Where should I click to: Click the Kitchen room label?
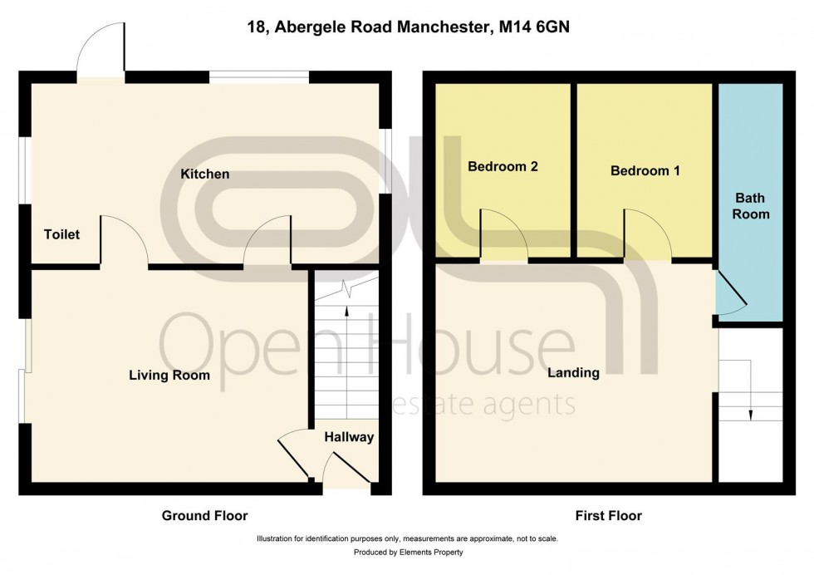click(204, 174)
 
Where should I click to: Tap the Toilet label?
click(61, 235)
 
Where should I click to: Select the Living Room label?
click(169, 376)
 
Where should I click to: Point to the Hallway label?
click(349, 437)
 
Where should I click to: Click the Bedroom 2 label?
click(503, 166)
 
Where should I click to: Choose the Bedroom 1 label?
click(645, 171)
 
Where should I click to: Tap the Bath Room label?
click(751, 206)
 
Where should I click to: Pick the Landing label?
click(573, 373)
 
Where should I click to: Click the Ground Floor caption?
click(204, 516)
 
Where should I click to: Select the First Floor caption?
click(609, 516)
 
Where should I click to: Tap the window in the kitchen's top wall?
click(258, 78)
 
